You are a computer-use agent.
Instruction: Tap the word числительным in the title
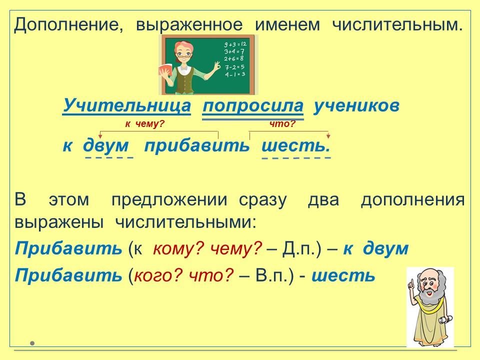[x=396, y=24]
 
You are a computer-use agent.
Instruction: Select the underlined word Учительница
[x=126, y=105]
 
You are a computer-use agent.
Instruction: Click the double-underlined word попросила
[x=253, y=106]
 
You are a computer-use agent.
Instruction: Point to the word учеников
[x=356, y=105]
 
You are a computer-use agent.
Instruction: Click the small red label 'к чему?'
[x=145, y=124]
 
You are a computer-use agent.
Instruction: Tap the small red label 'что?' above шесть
[x=282, y=124]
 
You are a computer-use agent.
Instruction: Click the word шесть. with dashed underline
[x=296, y=145]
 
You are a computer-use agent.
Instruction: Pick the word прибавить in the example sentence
[x=197, y=145]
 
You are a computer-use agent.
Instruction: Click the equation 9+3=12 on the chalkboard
[x=235, y=44]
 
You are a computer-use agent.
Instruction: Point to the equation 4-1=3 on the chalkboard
[x=235, y=74]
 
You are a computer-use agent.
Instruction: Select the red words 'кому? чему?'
[x=207, y=248]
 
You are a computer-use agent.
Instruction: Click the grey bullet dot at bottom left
[x=32, y=343]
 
